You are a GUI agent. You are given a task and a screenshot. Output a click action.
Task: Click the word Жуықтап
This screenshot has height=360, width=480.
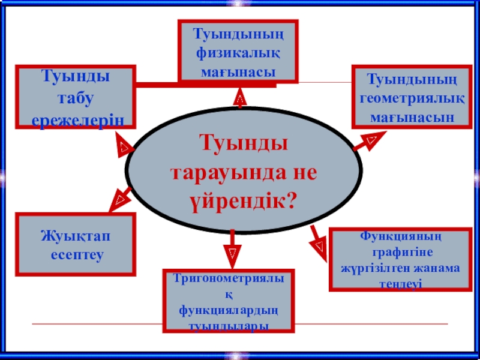[76, 236]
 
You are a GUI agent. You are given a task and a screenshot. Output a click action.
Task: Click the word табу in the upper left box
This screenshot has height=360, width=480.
[76, 98]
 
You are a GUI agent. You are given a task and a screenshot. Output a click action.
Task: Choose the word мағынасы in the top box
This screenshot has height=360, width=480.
[238, 71]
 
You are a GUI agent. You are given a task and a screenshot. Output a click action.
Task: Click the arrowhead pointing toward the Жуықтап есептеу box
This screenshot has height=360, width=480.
[118, 199]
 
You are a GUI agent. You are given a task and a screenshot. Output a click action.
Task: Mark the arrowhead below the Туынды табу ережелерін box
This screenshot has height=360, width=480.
[123, 147]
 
